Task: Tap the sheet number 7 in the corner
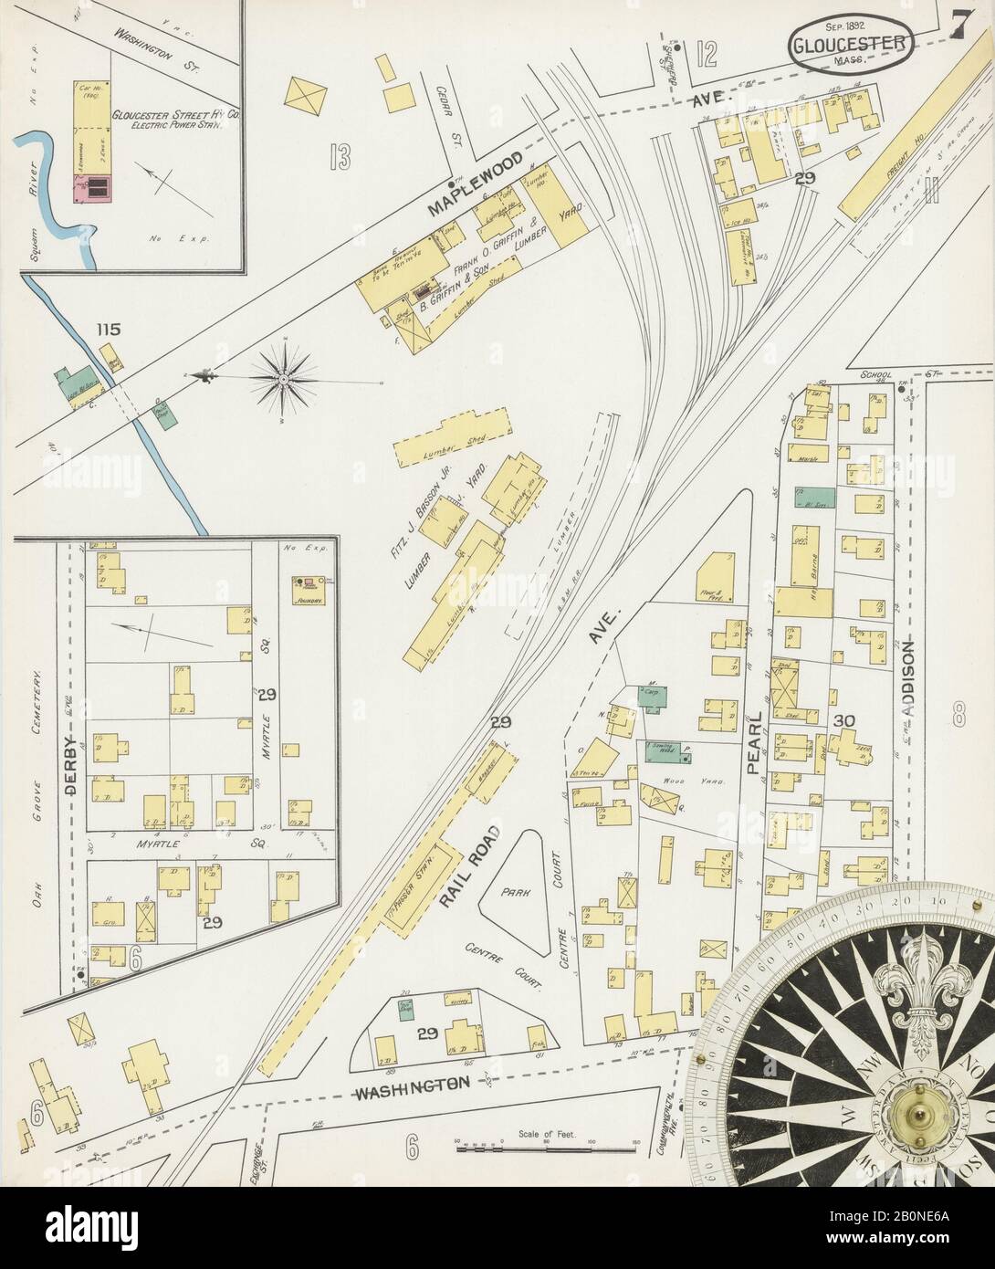958,28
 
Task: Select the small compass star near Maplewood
285,376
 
